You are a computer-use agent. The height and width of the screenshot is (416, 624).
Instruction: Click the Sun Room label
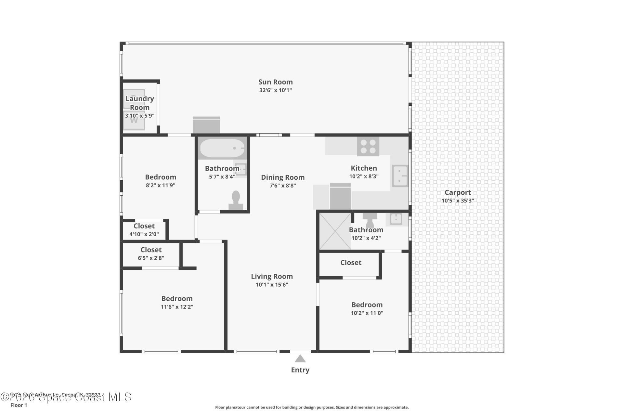tap(275, 82)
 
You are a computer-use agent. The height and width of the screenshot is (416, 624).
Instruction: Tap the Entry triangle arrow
tap(300, 359)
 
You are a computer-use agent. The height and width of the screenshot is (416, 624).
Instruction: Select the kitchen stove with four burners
tap(368, 147)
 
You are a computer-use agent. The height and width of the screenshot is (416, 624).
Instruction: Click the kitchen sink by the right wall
tap(400, 176)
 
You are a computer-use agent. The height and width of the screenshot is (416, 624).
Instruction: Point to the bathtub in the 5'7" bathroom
tap(222, 148)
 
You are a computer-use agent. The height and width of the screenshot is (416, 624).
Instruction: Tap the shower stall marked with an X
tap(335, 231)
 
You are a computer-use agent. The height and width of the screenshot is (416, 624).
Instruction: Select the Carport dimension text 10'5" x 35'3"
tap(457, 201)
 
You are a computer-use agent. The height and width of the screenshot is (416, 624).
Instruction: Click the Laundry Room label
tap(140, 103)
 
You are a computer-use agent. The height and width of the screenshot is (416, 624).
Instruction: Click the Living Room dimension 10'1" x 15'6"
tap(272, 285)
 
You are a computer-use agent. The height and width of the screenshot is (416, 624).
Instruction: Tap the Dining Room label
tap(282, 177)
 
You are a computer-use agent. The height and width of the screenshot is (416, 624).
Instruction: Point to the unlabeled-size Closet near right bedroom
tap(350, 263)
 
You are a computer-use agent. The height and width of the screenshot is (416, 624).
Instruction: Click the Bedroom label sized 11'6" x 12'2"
tap(177, 298)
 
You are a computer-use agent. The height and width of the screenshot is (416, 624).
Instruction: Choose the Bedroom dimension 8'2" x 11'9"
tap(160, 185)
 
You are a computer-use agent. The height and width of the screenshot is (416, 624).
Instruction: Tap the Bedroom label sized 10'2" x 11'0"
tap(367, 305)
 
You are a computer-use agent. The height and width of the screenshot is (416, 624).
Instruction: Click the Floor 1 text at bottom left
tap(19, 405)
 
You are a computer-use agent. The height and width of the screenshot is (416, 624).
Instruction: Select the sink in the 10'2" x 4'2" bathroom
tap(396, 219)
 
